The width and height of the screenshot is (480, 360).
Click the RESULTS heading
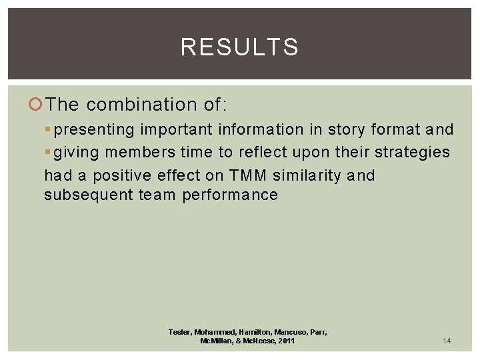tap(239, 47)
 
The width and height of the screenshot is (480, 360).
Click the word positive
tap(122, 175)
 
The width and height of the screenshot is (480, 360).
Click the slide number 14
tap(447, 341)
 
